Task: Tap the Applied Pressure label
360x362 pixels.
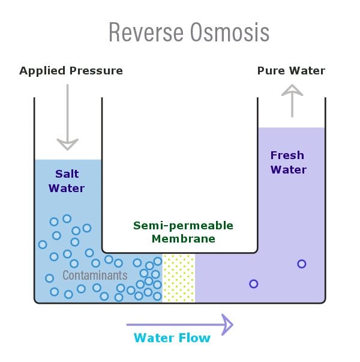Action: (x=71, y=71)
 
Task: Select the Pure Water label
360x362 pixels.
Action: (x=291, y=71)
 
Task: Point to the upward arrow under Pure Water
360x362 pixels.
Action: (x=292, y=100)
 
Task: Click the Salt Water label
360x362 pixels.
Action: (x=67, y=181)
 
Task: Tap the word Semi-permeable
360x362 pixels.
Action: (x=183, y=226)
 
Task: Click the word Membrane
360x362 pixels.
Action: (x=183, y=239)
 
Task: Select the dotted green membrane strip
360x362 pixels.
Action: (x=179, y=277)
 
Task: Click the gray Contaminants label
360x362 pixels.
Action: (x=95, y=276)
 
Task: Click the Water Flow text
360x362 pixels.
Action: (x=172, y=338)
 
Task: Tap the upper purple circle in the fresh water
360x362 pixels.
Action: (x=301, y=264)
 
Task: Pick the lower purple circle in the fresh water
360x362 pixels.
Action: (x=253, y=283)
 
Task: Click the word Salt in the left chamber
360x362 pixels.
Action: (x=67, y=174)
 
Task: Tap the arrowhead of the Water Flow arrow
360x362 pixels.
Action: (x=227, y=325)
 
